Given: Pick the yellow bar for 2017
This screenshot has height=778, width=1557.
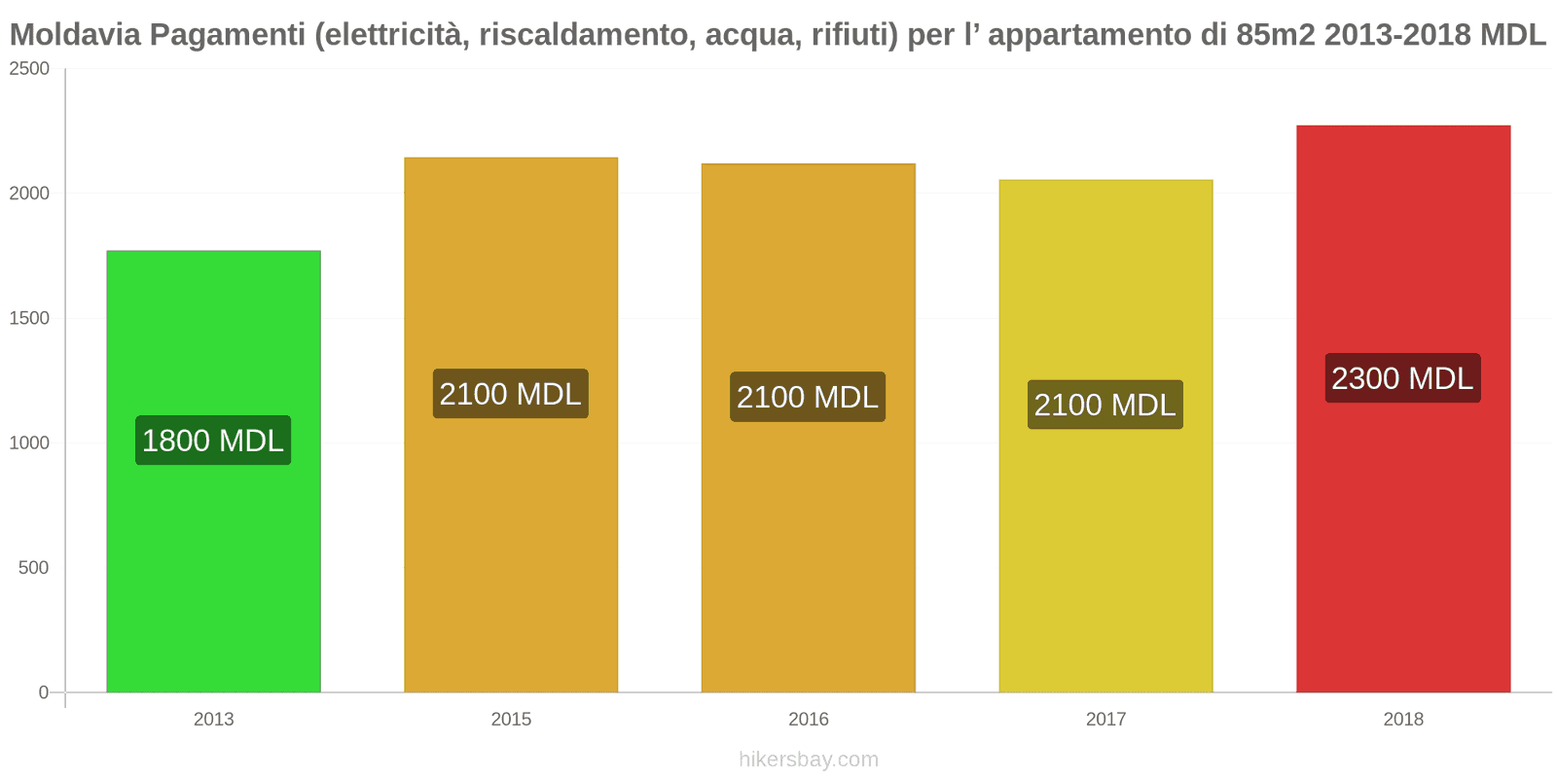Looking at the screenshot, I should [x=1105, y=554].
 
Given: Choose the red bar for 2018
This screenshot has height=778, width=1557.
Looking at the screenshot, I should [x=1402, y=535].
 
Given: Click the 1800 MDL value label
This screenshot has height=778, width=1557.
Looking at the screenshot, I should [x=213, y=441].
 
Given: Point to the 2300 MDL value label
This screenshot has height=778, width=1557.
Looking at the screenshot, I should [x=1402, y=378].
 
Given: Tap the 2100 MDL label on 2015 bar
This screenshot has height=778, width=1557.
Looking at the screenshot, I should [x=511, y=394].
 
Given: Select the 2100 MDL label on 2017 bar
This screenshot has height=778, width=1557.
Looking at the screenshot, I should [x=1105, y=405].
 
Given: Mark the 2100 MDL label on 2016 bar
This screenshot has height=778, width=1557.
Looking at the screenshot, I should [x=808, y=397].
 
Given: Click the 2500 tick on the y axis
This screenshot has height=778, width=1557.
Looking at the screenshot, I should [x=29, y=69].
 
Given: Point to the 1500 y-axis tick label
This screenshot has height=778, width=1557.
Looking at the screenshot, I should [x=29, y=318].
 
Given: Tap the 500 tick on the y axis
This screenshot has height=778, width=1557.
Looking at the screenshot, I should [x=33, y=568].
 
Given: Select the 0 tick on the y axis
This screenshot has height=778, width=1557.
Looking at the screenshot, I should [x=43, y=692].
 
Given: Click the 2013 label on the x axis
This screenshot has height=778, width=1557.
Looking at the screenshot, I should [x=213, y=720].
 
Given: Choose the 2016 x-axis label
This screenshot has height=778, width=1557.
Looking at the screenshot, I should [x=808, y=720].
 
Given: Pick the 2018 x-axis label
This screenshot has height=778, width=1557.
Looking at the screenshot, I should [x=1402, y=720].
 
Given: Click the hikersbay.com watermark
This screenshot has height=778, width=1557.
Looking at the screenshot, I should [x=808, y=760].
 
